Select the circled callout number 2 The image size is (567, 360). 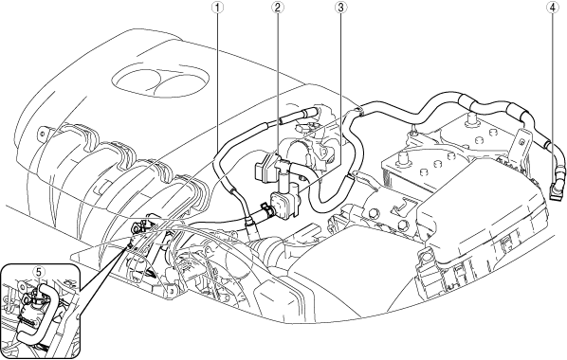tap(278, 8)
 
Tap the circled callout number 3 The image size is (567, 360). tap(339, 8)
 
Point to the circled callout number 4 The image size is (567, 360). tap(552, 8)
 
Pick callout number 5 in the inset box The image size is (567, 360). tap(39, 271)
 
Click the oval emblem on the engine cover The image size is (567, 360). tap(160, 81)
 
